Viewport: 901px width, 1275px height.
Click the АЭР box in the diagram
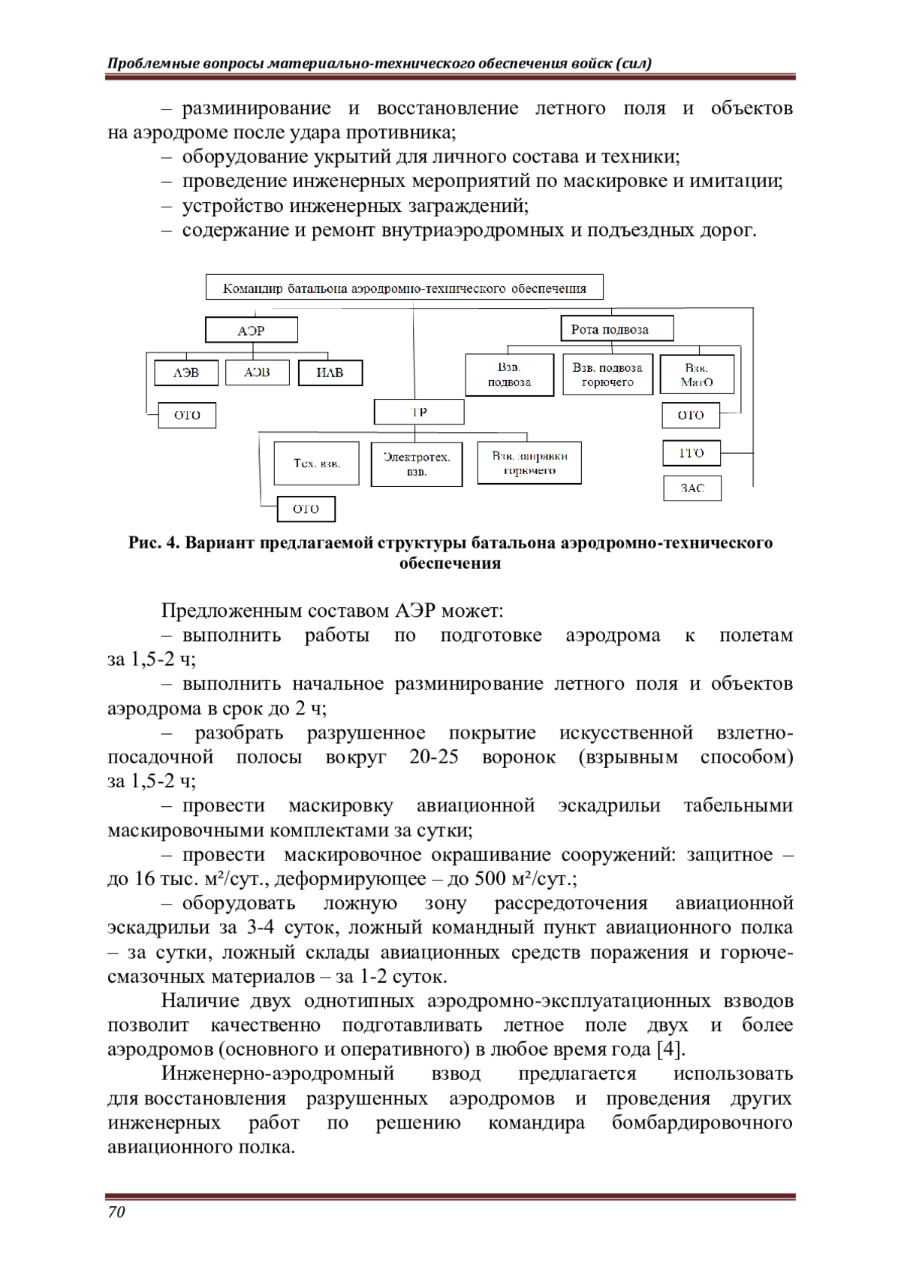(252, 330)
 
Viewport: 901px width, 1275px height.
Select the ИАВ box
(330, 373)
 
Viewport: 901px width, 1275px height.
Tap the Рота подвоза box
(616, 329)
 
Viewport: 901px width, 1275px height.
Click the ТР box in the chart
(419, 412)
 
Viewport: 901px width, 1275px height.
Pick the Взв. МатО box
(697, 374)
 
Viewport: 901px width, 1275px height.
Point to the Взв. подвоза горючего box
(607, 374)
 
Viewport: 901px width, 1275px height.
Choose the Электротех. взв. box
(417, 464)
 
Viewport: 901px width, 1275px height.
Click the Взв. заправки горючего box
(529, 463)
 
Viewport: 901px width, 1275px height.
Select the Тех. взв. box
(317, 464)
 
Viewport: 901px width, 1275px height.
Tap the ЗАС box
(692, 488)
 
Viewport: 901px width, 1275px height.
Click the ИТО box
(692, 453)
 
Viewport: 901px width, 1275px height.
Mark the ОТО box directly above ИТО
(691, 415)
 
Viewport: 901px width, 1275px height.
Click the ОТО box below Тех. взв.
(306, 509)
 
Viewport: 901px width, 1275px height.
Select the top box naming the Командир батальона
(405, 288)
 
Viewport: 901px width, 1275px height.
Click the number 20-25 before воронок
(434, 757)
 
